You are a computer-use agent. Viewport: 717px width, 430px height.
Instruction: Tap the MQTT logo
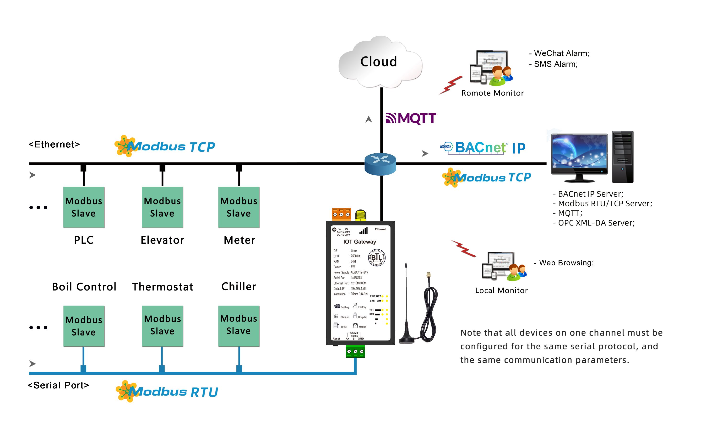tap(411, 118)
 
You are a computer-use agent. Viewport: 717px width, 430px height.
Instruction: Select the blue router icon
tap(380, 164)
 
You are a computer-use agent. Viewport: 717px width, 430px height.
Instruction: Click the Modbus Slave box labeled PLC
tap(84, 207)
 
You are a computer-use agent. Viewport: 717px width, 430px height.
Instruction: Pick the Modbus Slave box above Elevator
tap(162, 207)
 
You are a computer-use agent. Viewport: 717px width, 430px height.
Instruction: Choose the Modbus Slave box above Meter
tap(239, 207)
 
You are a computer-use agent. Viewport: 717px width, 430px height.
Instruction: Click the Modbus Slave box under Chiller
tap(239, 326)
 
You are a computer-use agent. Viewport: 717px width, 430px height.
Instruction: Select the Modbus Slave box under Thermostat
tap(162, 326)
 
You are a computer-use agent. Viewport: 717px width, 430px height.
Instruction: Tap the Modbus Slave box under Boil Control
tap(84, 326)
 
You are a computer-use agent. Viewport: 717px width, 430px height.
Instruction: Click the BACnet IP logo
tap(483, 148)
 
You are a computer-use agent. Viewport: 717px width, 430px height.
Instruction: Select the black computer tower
tap(623, 157)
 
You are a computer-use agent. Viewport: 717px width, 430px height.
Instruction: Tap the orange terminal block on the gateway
tap(341, 215)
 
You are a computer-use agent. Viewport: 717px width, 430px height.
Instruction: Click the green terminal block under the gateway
tap(355, 351)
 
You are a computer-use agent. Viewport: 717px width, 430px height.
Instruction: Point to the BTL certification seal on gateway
tap(377, 257)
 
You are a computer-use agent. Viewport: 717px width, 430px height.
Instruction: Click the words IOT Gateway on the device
tap(360, 242)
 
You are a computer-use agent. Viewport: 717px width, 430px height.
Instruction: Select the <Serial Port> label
tap(58, 385)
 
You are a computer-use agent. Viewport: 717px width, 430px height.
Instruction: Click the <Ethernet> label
tap(54, 144)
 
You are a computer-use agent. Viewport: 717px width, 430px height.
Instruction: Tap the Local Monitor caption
tap(501, 290)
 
